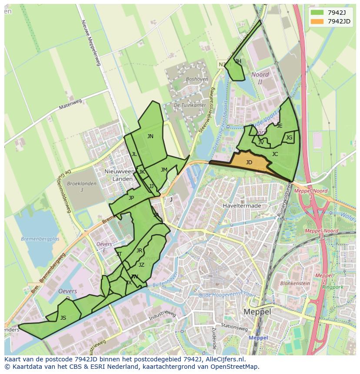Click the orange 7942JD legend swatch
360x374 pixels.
317,21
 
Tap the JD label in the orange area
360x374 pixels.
249,162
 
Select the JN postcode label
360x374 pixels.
150,136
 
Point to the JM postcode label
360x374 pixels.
164,170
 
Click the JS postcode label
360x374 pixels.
63,318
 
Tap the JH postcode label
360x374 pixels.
238,61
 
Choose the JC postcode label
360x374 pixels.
275,154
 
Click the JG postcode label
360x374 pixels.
289,138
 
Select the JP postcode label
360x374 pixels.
131,198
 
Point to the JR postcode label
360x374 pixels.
139,251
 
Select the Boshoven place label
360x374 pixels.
197,79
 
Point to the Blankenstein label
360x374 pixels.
295,283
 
